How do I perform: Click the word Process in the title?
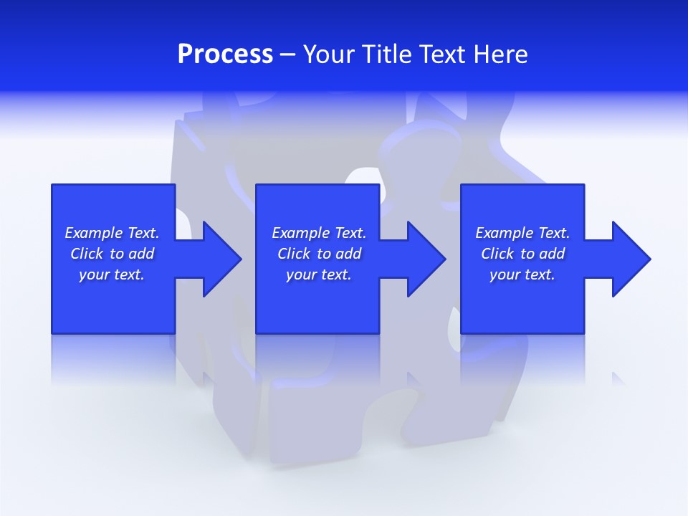click(225, 54)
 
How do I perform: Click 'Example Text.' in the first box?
click(112, 233)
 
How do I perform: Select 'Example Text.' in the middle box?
click(319, 233)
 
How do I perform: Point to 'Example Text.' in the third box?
click(522, 233)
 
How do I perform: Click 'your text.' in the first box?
click(112, 274)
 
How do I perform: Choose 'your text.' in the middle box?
click(319, 274)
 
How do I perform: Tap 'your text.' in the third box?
click(522, 274)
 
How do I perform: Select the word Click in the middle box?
click(294, 254)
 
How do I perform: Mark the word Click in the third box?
click(497, 254)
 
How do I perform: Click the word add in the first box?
click(141, 254)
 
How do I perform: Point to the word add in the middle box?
click(348, 254)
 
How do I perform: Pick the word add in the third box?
click(552, 254)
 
